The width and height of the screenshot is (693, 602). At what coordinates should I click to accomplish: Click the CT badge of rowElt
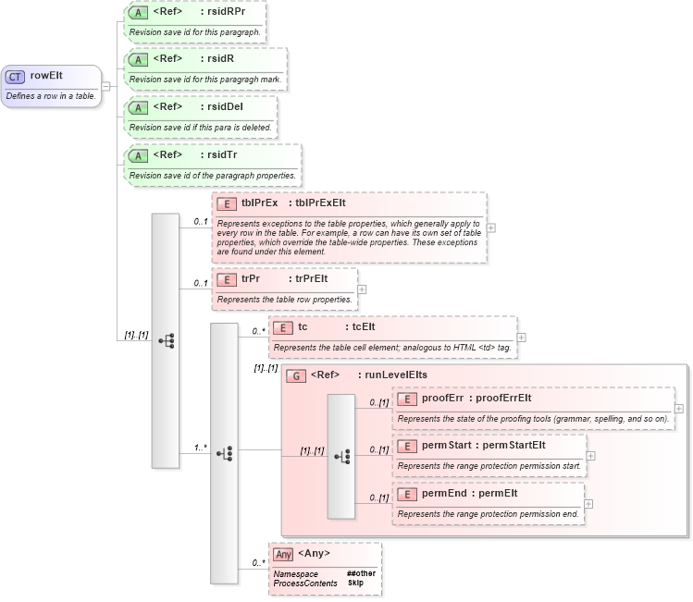(x=16, y=77)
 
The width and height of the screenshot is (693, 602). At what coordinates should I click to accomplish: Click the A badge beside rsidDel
(x=138, y=108)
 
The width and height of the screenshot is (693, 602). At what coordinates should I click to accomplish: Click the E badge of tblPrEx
(x=226, y=203)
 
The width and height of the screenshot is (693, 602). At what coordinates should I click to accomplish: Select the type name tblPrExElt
(x=320, y=203)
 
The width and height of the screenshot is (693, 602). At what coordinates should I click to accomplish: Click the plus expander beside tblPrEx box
(x=491, y=227)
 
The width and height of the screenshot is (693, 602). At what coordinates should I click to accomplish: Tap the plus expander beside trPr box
(x=363, y=289)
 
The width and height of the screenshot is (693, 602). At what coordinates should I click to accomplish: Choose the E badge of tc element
(x=283, y=327)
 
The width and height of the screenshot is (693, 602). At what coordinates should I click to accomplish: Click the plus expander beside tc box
(x=522, y=338)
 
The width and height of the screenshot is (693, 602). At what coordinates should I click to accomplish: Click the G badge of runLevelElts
(x=296, y=375)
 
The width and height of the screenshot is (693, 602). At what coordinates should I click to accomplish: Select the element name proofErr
(x=442, y=399)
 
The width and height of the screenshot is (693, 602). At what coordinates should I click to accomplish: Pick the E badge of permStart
(x=407, y=446)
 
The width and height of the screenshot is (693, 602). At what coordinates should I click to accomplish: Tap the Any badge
(x=283, y=554)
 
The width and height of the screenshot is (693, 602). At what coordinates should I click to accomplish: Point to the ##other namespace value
(x=361, y=573)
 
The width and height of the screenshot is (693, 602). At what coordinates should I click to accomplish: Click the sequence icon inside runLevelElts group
(x=342, y=456)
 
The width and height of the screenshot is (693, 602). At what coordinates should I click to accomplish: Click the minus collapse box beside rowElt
(x=107, y=86)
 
